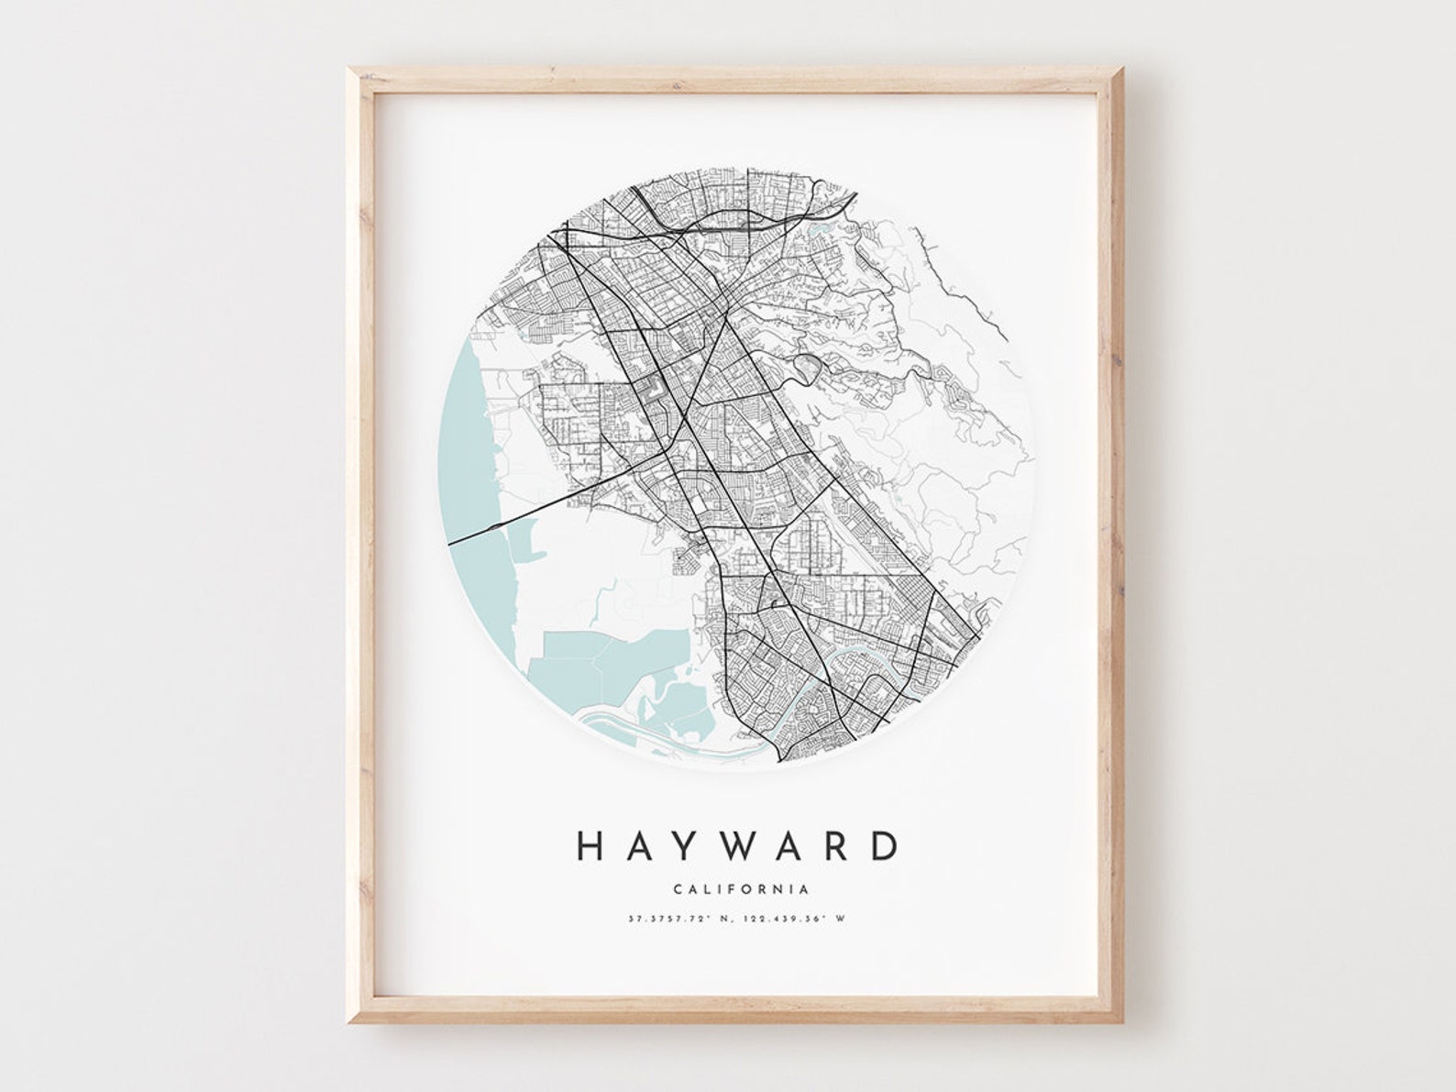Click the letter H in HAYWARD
(x=590, y=845)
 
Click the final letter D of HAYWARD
(x=882, y=845)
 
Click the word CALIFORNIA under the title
(x=741, y=888)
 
